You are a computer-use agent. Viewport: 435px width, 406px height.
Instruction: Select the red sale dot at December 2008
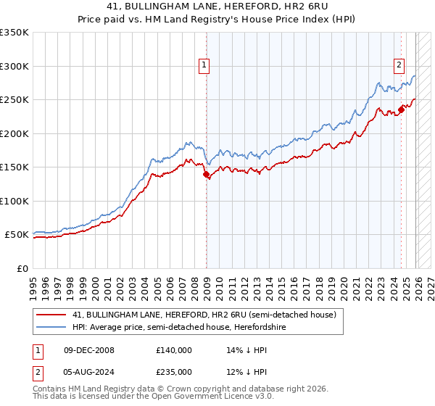coord(206,174)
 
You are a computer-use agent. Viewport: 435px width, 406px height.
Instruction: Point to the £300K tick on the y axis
coord(14,66)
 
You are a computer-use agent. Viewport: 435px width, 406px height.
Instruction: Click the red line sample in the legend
coord(51,315)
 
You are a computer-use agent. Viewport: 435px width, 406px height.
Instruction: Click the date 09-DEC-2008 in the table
coord(89,349)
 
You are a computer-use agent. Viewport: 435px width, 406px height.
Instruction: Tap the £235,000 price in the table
coord(173,371)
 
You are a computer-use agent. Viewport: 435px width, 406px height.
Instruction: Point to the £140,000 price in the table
coord(173,349)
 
